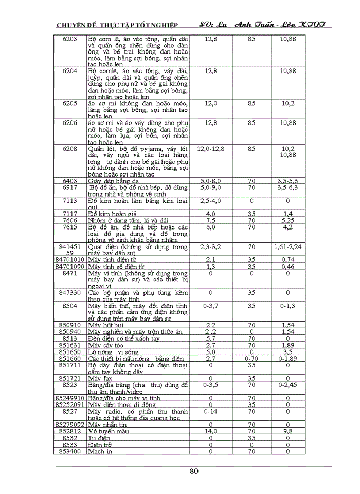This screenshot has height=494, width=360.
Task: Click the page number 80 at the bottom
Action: click(x=194, y=472)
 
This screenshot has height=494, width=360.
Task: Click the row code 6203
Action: click(x=70, y=39)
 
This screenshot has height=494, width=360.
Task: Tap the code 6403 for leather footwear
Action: click(x=70, y=181)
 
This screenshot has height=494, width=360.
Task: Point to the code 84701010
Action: click(x=70, y=259)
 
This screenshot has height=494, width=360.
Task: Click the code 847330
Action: click(x=70, y=293)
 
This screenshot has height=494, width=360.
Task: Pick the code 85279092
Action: click(x=70, y=425)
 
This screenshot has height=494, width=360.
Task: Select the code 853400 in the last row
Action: click(x=70, y=451)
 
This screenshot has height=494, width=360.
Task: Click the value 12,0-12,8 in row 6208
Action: click(x=210, y=149)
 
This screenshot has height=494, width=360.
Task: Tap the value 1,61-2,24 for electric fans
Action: click(x=288, y=247)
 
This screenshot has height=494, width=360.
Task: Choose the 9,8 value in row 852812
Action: click(x=288, y=431)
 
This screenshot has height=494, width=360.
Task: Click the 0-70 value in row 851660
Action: click(x=251, y=358)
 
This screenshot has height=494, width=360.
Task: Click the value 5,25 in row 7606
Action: click(x=288, y=220)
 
